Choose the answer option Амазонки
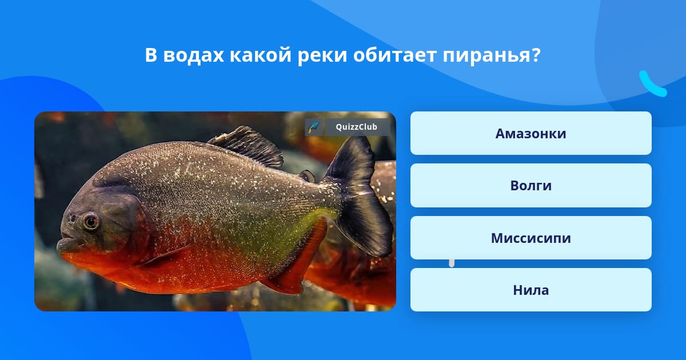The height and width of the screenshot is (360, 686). pos(531,133)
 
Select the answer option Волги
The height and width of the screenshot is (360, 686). pos(531,186)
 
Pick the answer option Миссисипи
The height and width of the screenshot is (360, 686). pos(531,238)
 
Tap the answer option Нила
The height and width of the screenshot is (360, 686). pos(531,290)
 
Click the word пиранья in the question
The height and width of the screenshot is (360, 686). pos(492,56)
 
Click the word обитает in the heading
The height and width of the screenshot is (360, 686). pos(395,55)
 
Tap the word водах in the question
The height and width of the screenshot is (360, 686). pos(194,56)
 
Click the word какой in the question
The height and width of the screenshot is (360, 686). pos(261,55)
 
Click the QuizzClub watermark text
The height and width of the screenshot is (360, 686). pos(357,127)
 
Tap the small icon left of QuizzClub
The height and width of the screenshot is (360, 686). pos(314,127)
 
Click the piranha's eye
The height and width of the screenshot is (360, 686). pos(91,221)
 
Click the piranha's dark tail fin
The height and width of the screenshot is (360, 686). pos(359,196)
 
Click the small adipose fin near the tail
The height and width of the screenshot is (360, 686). pos(307,176)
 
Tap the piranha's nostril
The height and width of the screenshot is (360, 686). pos(72,218)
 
